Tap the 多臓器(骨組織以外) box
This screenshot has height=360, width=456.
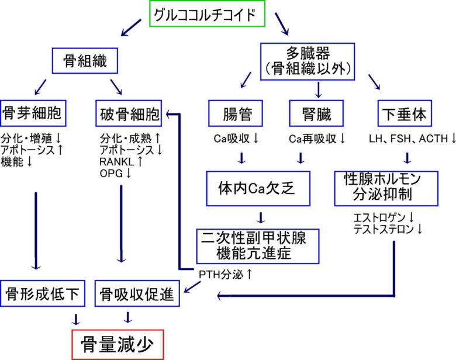point(307,61)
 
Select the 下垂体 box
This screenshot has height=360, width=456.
point(404,113)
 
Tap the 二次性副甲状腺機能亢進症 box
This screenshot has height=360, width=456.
point(258,245)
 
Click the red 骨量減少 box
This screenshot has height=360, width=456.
point(118,345)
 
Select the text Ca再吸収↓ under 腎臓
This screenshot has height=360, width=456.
point(317,139)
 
